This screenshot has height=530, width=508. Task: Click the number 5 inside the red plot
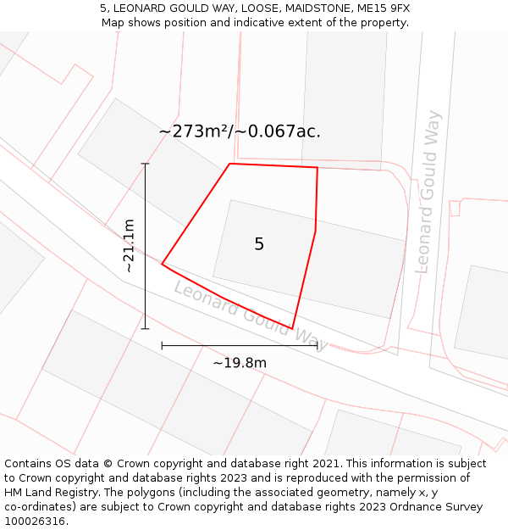(259, 244)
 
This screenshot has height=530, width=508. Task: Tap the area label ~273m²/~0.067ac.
(240, 131)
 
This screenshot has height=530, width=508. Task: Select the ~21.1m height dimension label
(129, 246)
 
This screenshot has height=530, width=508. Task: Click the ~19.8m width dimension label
(240, 363)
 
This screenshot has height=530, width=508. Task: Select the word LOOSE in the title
(257, 8)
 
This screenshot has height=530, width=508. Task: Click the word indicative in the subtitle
(267, 22)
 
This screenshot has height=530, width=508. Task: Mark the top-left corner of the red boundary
(229, 164)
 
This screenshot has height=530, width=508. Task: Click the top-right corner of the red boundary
(317, 167)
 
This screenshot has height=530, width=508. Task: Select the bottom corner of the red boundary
(292, 329)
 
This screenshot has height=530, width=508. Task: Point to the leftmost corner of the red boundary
(162, 264)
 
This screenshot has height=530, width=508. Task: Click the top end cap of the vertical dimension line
(145, 164)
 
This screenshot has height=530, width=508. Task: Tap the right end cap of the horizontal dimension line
(317, 345)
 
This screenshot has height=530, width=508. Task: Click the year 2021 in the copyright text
(326, 464)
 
